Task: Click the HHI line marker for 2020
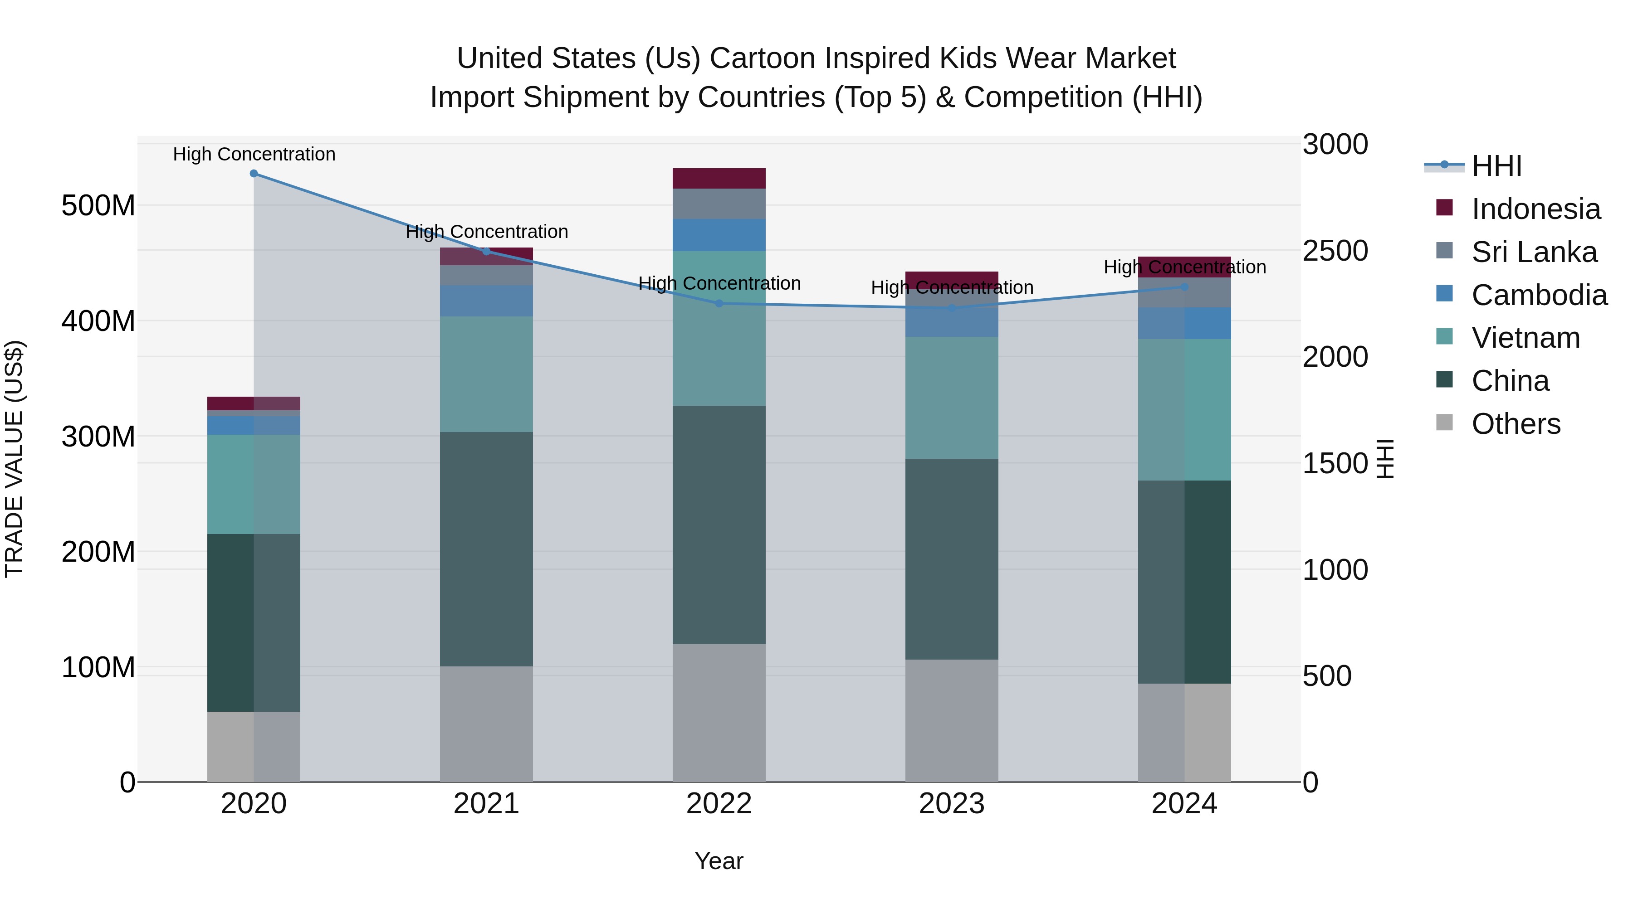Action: pos(254,174)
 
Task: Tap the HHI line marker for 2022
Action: pos(719,303)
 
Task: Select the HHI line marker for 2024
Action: pos(1184,287)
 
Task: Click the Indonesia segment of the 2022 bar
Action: pos(719,179)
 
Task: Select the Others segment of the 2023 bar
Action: pos(952,720)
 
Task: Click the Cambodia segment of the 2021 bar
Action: pos(486,301)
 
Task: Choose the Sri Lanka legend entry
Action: pos(1534,252)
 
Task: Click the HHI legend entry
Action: pos(1496,166)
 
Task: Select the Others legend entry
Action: pos(1515,424)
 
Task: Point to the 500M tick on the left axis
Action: pos(98,206)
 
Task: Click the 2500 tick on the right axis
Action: pos(1335,251)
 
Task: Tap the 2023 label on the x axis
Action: pos(952,804)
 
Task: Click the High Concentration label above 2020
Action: pos(254,154)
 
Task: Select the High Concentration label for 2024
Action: pos(1184,267)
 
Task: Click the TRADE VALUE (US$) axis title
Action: pos(14,459)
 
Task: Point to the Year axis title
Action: pos(719,861)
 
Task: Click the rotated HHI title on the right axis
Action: pos(1386,459)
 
